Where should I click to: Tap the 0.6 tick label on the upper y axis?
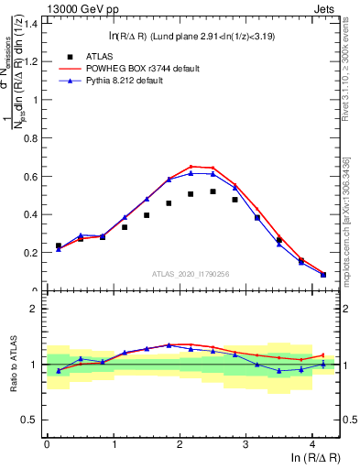click(30, 176)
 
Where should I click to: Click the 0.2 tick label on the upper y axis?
click(30, 253)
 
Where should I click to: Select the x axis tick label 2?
click(180, 443)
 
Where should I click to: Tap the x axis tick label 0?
click(47, 443)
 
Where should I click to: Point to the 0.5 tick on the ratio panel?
click(30, 420)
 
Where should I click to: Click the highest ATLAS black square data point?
click(213, 191)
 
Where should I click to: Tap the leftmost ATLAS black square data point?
click(59, 245)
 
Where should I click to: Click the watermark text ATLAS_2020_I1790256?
click(191, 273)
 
